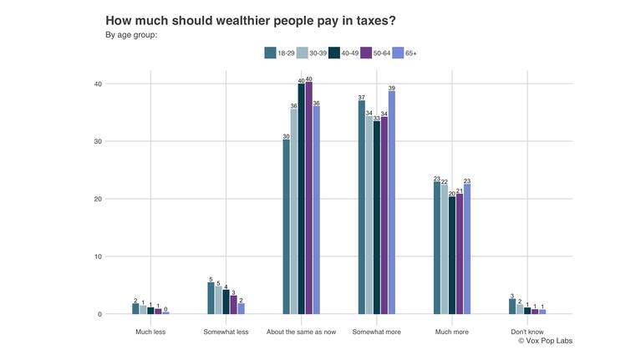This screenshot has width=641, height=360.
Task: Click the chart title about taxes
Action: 250,20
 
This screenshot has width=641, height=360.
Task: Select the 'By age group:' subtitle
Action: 131,35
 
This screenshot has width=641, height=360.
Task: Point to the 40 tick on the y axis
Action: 98,84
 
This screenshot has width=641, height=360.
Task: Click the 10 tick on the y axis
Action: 98,257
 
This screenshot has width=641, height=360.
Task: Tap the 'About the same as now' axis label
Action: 302,332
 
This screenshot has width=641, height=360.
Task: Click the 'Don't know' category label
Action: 527,332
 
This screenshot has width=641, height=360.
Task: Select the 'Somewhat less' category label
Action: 226,332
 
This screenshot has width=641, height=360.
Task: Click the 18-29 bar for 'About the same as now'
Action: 287,226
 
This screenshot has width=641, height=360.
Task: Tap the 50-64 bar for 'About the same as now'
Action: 309,197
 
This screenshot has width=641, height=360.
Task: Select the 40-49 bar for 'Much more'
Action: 452,256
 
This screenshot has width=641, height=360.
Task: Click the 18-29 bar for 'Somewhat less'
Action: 211,298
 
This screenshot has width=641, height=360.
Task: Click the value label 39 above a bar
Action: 392,88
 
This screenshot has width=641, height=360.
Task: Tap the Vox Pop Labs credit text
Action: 545,341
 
